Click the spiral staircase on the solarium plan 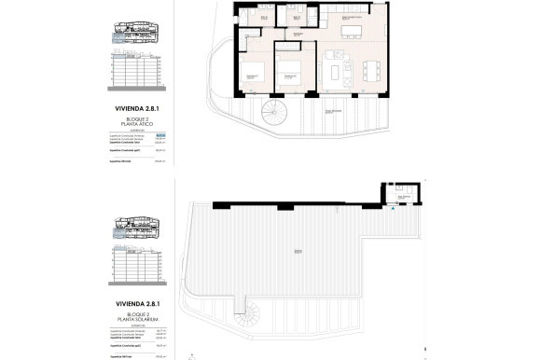[x=255, y=310]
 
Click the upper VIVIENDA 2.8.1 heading [x=134, y=109]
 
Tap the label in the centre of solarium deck [x=297, y=250]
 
